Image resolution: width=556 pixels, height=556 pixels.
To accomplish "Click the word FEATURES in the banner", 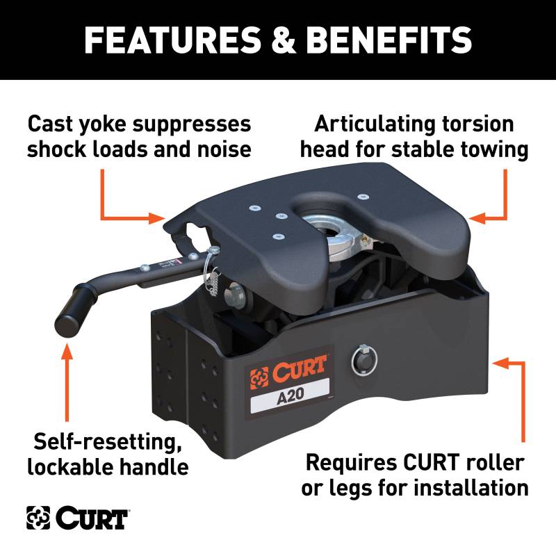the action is [172, 40].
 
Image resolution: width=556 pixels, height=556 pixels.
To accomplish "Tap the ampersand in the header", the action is [284, 40].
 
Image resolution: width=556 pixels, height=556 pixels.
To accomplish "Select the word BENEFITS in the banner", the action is [389, 40].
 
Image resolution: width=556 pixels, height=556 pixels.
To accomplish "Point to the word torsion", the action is [478, 124].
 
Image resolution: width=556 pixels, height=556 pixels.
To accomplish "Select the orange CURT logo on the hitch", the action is [288, 373].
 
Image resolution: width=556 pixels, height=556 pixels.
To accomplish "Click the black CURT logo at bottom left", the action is [77, 518].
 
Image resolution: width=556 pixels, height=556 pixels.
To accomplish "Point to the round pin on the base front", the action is [363, 360].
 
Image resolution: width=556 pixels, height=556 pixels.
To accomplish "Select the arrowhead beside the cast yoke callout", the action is [157, 218].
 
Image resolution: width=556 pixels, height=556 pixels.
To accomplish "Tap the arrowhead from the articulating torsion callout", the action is [477, 218].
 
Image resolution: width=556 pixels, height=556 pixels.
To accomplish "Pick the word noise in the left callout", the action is [224, 149].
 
